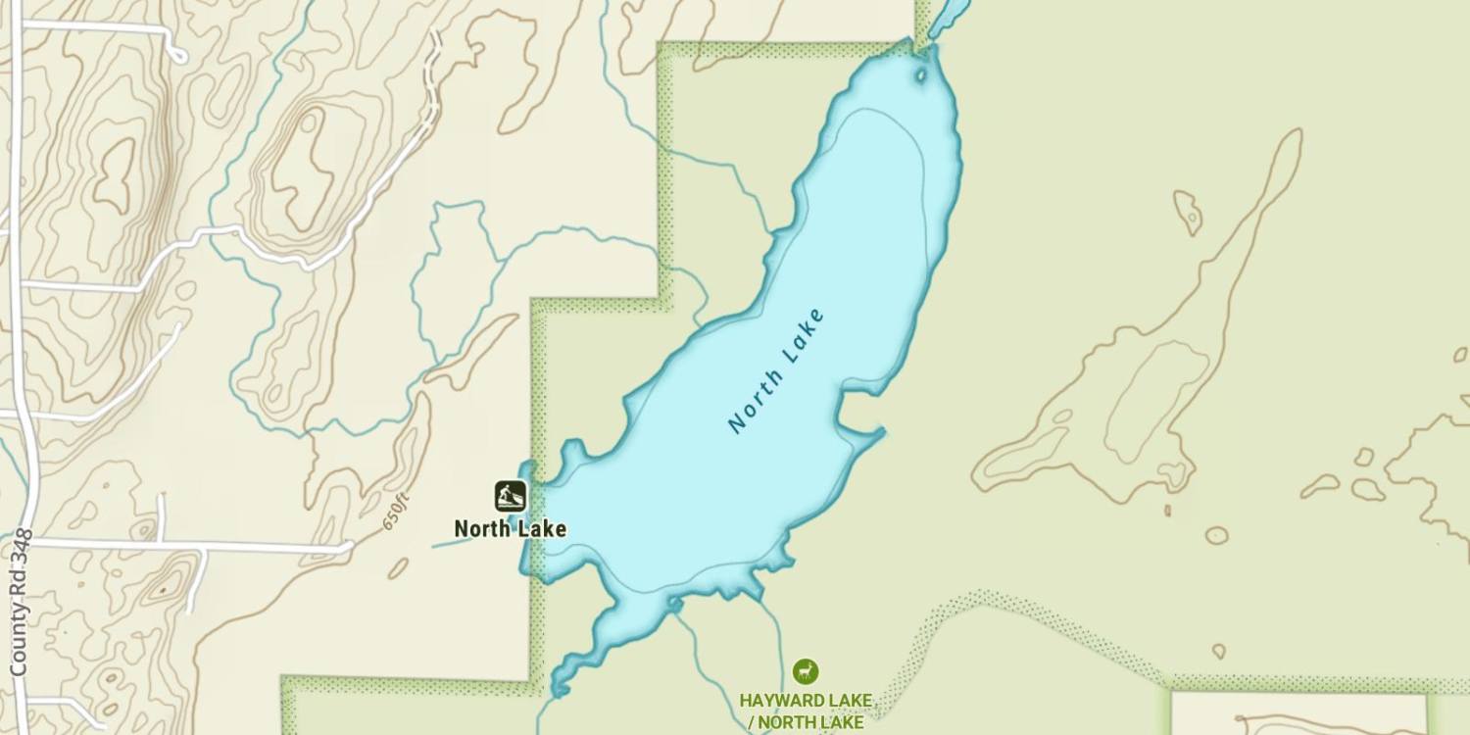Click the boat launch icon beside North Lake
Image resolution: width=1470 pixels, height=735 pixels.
(x=510, y=496)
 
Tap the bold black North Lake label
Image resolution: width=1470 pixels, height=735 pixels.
(x=510, y=529)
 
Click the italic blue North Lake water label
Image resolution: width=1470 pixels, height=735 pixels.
(x=776, y=371)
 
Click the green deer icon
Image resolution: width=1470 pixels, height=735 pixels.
(x=806, y=671)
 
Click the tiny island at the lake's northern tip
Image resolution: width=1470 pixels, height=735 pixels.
(x=920, y=74)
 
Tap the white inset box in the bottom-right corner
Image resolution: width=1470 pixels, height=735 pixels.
(x=1298, y=713)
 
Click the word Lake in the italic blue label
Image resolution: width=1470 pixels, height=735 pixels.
(x=801, y=337)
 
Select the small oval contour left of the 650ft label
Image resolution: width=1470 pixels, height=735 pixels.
(x=397, y=568)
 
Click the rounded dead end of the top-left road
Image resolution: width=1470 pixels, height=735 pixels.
(x=178, y=55)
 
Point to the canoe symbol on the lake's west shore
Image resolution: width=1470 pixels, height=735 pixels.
(x=510, y=496)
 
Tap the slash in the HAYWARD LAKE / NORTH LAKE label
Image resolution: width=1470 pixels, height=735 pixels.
(x=752, y=723)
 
